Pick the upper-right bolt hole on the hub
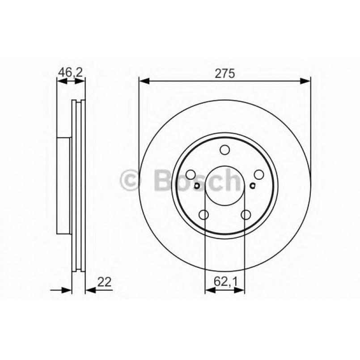pyautogui.click(x=258, y=175)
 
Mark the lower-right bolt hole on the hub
pyautogui.click(x=246, y=215)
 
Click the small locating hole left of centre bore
pyautogui.click(x=197, y=186)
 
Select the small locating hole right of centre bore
pyautogui.click(x=253, y=186)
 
